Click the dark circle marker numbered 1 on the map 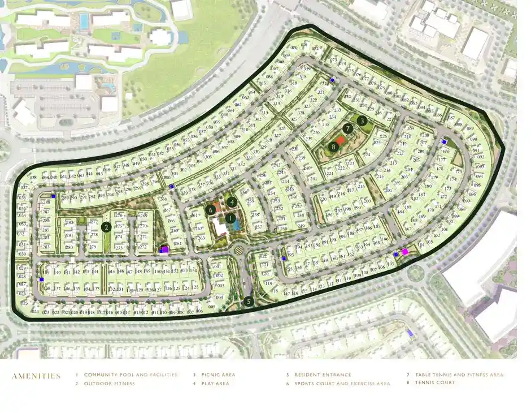(x=230, y=218)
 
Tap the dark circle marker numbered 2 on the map (x=106, y=227)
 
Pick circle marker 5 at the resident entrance (x=249, y=302)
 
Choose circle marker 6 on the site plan (x=211, y=209)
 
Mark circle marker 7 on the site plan (x=348, y=128)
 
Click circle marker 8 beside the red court (x=334, y=147)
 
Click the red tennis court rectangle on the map (x=340, y=141)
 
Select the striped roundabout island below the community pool (x=237, y=247)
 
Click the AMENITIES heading (x=36, y=376)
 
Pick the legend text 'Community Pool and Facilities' (x=130, y=375)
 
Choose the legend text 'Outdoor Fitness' (x=110, y=384)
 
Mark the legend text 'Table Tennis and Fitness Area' (x=459, y=375)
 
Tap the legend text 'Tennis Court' (x=434, y=383)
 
